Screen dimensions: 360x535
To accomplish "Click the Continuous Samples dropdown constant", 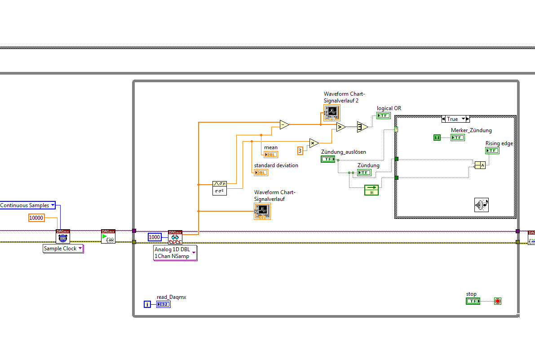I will click(27, 205).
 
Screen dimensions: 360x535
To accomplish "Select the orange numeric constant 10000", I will click(36, 218).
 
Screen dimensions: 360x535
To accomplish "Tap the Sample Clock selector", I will click(63, 249).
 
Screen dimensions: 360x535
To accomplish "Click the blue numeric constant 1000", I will click(154, 237).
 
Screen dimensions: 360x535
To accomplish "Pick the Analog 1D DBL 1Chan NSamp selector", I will click(175, 253).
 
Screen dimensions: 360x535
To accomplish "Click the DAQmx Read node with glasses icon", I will click(175, 237).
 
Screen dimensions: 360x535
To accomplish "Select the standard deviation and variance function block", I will click(220, 187).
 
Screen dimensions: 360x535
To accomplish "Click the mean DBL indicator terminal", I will click(270, 155).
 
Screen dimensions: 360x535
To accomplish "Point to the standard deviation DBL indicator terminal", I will click(261, 173).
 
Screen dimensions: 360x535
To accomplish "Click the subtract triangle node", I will click(284, 124).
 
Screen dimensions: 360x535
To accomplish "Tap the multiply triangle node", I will click(314, 143).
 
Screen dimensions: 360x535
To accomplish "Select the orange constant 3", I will click(300, 151).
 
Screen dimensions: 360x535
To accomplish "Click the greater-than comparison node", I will click(340, 127).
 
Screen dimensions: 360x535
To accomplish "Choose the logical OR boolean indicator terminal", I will click(383, 116).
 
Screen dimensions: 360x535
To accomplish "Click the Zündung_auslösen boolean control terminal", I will click(328, 159).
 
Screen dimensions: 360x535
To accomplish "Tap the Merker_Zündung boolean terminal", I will click(457, 138).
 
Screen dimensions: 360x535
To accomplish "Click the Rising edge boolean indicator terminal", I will click(492, 151).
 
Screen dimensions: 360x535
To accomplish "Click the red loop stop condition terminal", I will click(497, 301).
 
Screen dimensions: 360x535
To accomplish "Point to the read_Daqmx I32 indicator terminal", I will click(164, 304).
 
